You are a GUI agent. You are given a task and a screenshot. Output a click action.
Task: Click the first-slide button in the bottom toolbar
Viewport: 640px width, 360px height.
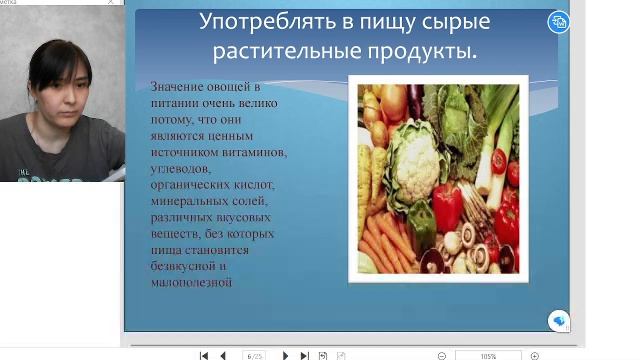click(204, 355)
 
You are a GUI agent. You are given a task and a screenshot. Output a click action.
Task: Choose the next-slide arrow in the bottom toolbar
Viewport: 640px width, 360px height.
click(286, 355)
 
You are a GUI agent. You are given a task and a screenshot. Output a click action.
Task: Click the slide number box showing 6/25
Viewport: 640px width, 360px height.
click(254, 355)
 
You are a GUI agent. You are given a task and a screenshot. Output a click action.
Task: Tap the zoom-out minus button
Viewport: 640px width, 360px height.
click(442, 355)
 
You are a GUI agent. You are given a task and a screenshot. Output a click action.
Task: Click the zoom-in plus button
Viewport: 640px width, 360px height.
click(535, 355)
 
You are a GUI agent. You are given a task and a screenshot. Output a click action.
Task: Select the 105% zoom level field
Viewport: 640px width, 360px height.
click(488, 355)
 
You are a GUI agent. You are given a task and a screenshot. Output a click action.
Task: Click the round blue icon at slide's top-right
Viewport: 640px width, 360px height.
click(560, 21)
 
